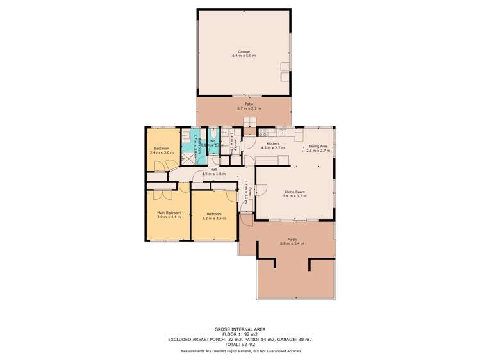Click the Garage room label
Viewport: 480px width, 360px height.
coord(244,52)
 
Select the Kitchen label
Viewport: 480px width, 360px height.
coord(272,143)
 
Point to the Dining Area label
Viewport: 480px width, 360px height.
coord(318,147)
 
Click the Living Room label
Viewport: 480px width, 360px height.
coord(295,192)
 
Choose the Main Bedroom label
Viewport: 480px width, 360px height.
coord(169,212)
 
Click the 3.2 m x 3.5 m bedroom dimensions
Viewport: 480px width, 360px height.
coord(214,218)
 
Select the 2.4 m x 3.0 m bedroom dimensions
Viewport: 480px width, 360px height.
coord(161,152)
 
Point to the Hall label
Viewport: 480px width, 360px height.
coord(214,169)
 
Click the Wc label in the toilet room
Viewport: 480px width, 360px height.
coord(212,141)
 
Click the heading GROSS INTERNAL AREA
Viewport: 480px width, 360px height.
coord(240,330)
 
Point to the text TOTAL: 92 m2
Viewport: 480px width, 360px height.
coord(240,345)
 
